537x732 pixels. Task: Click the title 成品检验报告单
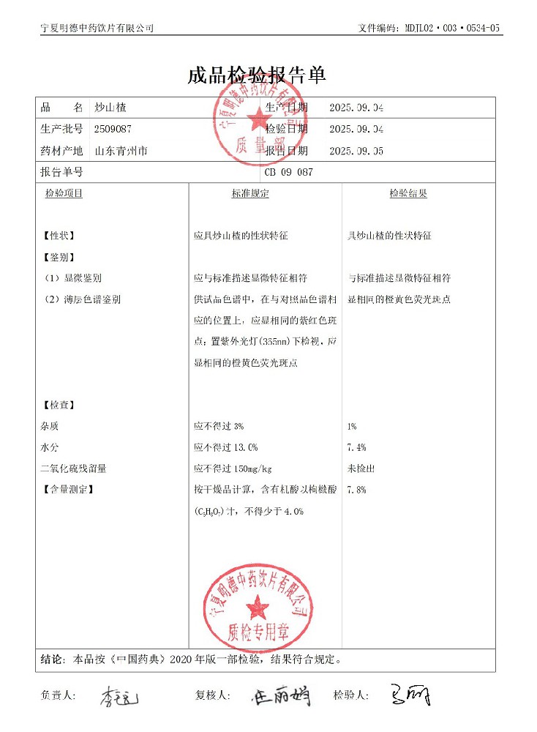pyautogui.click(x=257, y=75)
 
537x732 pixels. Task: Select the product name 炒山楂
pyautogui.click(x=110, y=107)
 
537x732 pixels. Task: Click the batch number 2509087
pyautogui.click(x=113, y=129)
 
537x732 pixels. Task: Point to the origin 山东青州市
pyautogui.click(x=121, y=152)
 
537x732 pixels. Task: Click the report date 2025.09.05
pyautogui.click(x=356, y=152)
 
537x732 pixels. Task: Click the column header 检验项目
pyautogui.click(x=64, y=194)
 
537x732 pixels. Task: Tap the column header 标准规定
pyautogui.click(x=250, y=194)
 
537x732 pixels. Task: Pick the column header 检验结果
pyautogui.click(x=408, y=194)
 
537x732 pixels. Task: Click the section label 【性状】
pyautogui.click(x=58, y=236)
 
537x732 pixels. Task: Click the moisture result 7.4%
pyautogui.click(x=357, y=447)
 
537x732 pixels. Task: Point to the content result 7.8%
pyautogui.click(x=357, y=490)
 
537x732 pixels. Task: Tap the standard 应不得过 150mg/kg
pyautogui.click(x=233, y=468)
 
